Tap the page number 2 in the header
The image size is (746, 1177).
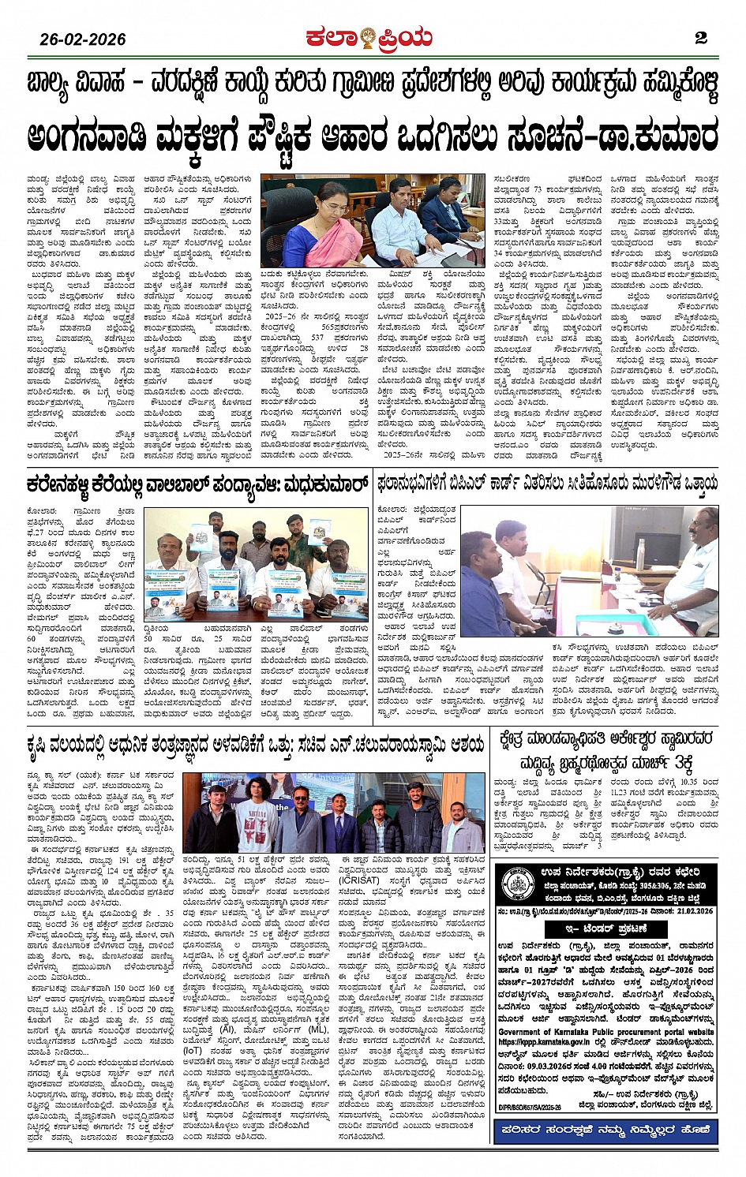701,38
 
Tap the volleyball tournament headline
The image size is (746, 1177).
197,483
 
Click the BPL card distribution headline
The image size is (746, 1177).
548,482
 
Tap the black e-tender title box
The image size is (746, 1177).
606,929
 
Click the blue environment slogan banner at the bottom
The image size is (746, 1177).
605,1130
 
